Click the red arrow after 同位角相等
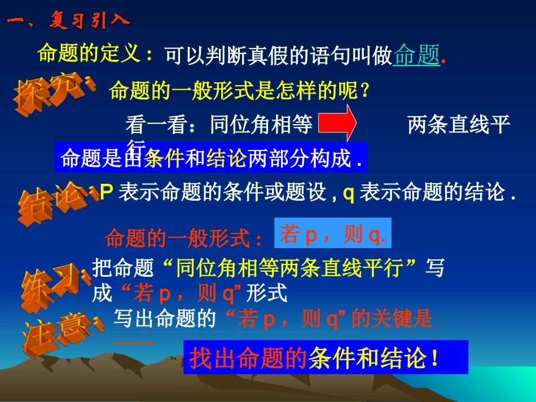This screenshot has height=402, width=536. pos(337,123)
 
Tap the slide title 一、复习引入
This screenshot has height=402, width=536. pos(68,21)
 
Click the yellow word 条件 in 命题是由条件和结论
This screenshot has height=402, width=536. pos(164,159)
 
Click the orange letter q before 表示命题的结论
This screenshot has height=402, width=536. pos(348,192)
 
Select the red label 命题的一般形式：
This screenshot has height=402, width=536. pos(183,239)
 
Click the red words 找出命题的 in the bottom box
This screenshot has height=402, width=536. pos(248,359)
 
